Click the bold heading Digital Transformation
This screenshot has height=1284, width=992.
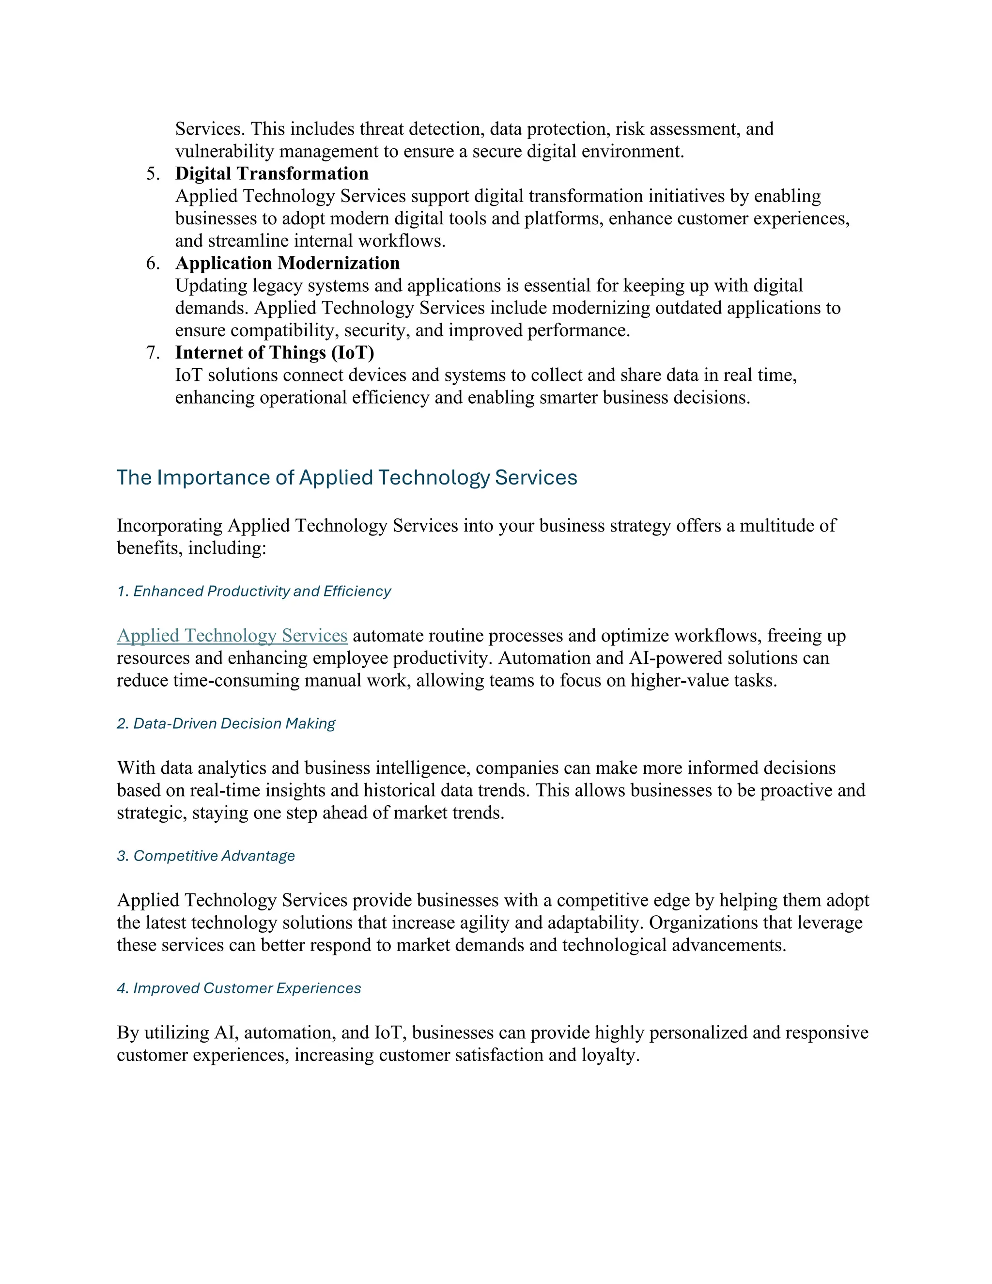coord(272,174)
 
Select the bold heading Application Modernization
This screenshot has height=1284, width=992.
coord(287,264)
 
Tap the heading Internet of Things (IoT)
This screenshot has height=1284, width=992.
coord(275,353)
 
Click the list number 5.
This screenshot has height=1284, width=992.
coord(152,174)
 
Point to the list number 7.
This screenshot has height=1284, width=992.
coord(152,353)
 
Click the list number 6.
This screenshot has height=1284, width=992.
coord(152,264)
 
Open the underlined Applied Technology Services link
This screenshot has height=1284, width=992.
coord(232,636)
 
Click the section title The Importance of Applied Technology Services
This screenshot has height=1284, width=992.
coord(347,477)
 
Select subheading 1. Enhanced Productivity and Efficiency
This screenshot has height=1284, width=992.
coord(254,592)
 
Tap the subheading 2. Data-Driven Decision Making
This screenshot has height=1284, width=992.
coord(226,724)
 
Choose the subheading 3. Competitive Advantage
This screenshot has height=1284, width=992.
coord(206,856)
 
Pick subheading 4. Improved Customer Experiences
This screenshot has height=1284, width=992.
coord(239,988)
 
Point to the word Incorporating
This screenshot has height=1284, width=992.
coord(170,526)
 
